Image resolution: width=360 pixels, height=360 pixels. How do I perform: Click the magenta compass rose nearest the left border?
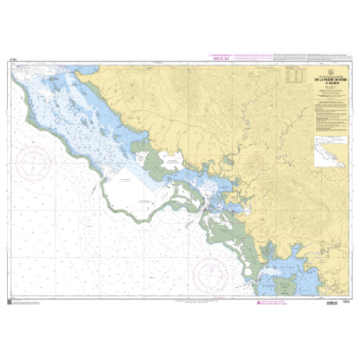point(33,163)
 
